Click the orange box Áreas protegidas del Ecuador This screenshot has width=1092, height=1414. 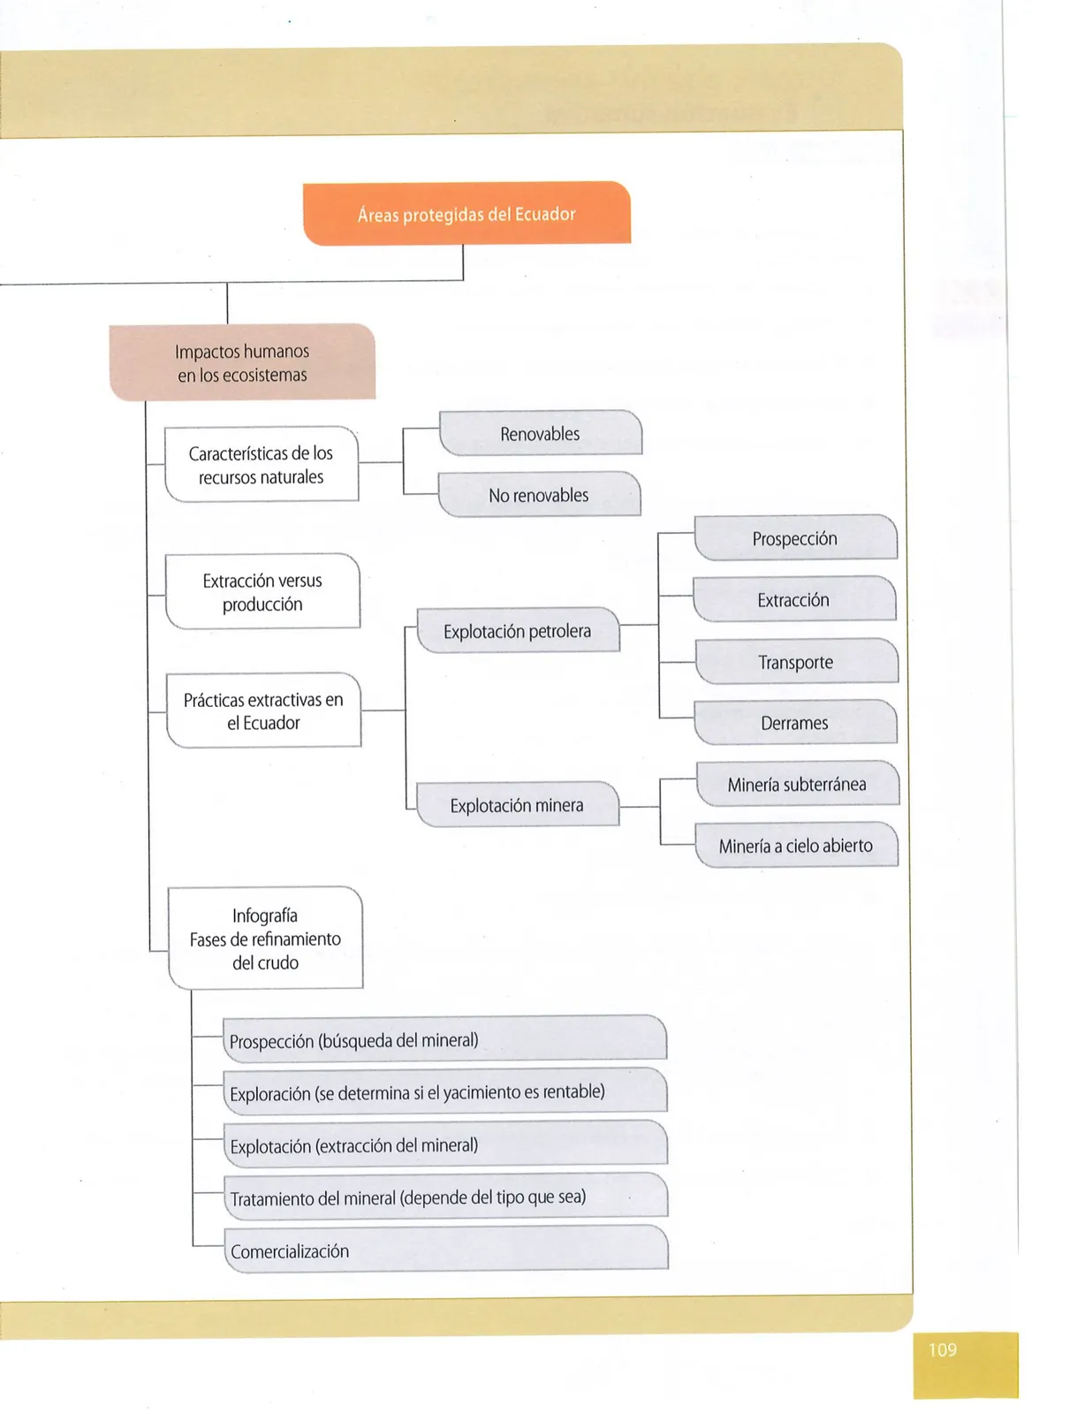(466, 214)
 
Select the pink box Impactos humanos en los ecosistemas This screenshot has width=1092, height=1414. (242, 362)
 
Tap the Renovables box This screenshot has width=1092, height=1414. (540, 433)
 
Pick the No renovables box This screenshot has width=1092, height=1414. (539, 495)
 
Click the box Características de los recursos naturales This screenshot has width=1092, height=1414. (261, 465)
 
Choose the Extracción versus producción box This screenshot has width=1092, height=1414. (262, 592)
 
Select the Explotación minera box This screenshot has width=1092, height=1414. (517, 805)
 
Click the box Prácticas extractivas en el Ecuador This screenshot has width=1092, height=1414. (263, 711)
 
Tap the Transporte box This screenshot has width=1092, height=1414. (796, 661)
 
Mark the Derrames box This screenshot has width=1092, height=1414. (795, 722)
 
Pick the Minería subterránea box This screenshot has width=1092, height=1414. (798, 784)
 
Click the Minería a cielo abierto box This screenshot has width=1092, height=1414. (796, 845)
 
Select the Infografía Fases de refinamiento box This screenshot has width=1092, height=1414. (265, 939)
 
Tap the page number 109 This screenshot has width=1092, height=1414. (943, 1350)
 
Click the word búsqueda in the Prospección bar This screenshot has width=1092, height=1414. (357, 1040)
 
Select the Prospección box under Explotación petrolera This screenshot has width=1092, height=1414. (795, 537)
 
